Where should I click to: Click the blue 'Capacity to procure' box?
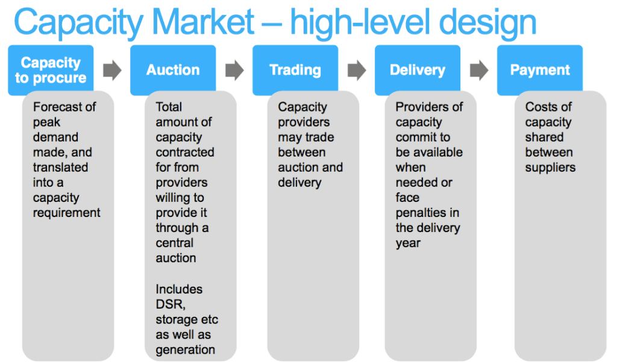tap(51, 70)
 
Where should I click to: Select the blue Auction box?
tap(173, 70)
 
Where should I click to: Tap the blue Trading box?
tap(295, 70)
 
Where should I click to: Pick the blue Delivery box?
tap(418, 70)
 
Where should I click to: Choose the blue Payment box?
tap(540, 70)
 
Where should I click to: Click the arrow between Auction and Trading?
tap(234, 71)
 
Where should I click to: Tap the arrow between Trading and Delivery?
tap(357, 71)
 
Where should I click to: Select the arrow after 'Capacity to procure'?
tap(112, 71)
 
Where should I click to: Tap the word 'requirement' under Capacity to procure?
tap(66, 213)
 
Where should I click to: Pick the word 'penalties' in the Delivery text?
tap(427, 213)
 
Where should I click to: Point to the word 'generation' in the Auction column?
tap(185, 350)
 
